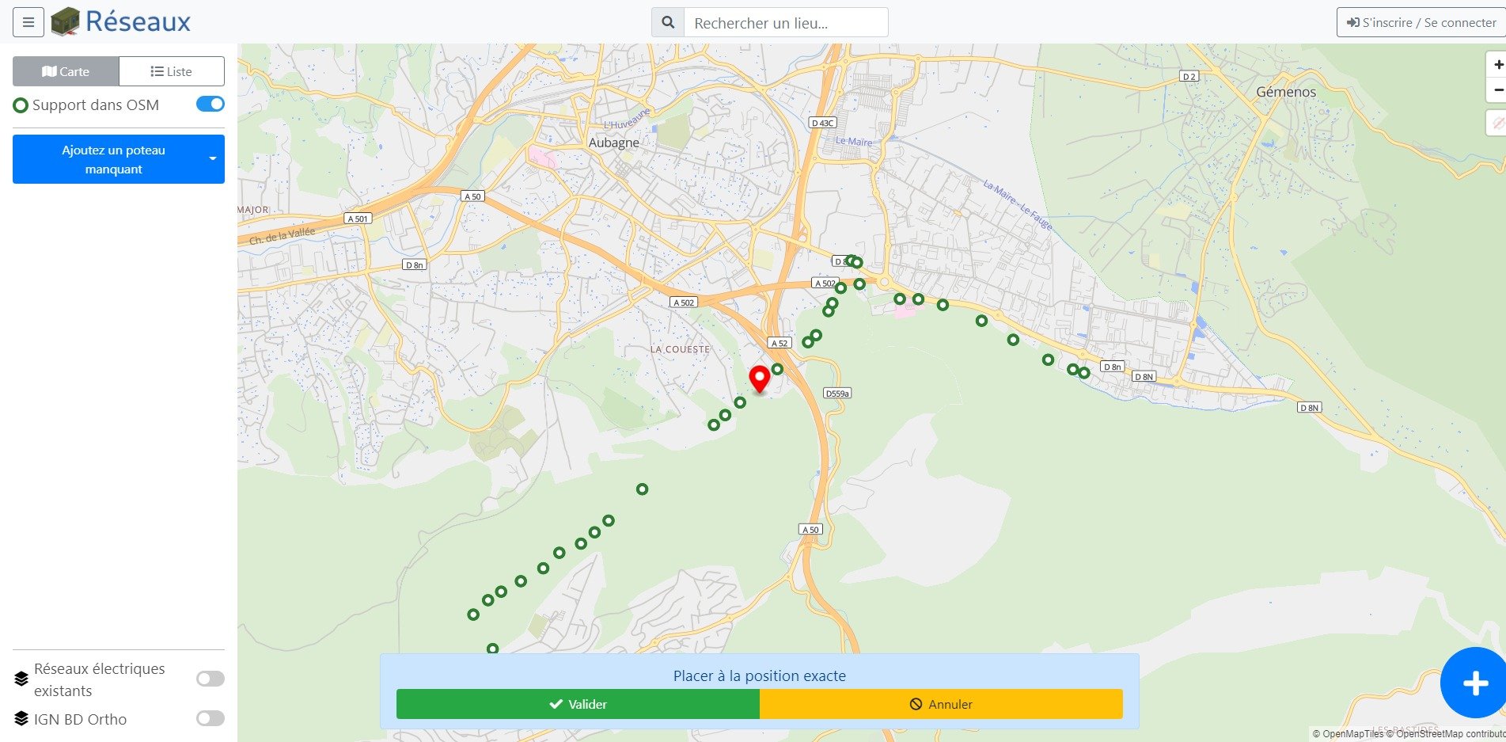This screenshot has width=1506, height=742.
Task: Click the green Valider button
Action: pos(578,704)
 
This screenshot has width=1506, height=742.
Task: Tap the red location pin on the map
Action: pos(760,379)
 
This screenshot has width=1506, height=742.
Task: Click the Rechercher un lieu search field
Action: pos(785,23)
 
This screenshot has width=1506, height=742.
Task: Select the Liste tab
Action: pos(172,71)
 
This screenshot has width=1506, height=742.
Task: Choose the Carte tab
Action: pos(66,71)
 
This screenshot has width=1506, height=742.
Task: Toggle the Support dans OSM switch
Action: pos(210,105)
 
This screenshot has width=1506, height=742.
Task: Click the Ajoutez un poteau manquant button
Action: pos(114,159)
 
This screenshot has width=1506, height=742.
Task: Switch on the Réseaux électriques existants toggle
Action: pos(210,679)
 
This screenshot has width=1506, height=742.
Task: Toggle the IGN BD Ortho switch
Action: pos(210,718)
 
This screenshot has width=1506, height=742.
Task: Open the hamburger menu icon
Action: pos(28,22)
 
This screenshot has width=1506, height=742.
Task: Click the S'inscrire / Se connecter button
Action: pos(1421,23)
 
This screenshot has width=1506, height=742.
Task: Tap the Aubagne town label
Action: pos(613,143)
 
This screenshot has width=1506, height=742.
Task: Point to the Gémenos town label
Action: pos(1286,92)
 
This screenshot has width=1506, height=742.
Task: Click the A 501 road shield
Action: pos(358,219)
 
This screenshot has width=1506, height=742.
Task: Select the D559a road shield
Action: pos(836,394)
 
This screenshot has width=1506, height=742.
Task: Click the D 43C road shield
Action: pos(823,123)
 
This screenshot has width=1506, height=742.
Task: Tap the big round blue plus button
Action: pos(1474,683)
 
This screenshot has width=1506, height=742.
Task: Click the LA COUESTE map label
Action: pos(680,349)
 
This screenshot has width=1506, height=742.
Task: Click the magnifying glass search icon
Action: pos(668,23)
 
